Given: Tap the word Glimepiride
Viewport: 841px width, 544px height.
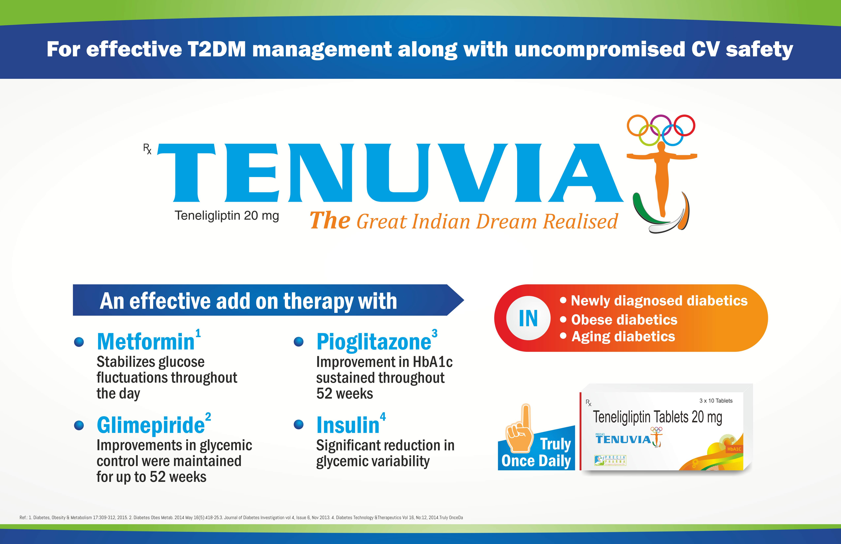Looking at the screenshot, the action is pyautogui.click(x=151, y=425).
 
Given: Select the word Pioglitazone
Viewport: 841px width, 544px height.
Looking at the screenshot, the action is pyautogui.click(x=374, y=342).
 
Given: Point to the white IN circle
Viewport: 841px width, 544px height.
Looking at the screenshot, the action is pyautogui.click(x=528, y=318).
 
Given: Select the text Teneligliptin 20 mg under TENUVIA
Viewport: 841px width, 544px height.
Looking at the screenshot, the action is pyautogui.click(x=227, y=215).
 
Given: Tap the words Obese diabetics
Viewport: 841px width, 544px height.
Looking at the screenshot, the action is pyautogui.click(x=624, y=320).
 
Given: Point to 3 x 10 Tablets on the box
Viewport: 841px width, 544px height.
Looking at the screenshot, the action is pyautogui.click(x=716, y=401).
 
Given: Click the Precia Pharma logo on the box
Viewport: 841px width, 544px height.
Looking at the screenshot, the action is pyautogui.click(x=610, y=460).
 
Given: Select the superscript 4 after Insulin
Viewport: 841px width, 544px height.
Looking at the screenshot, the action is pyautogui.click(x=383, y=417).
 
